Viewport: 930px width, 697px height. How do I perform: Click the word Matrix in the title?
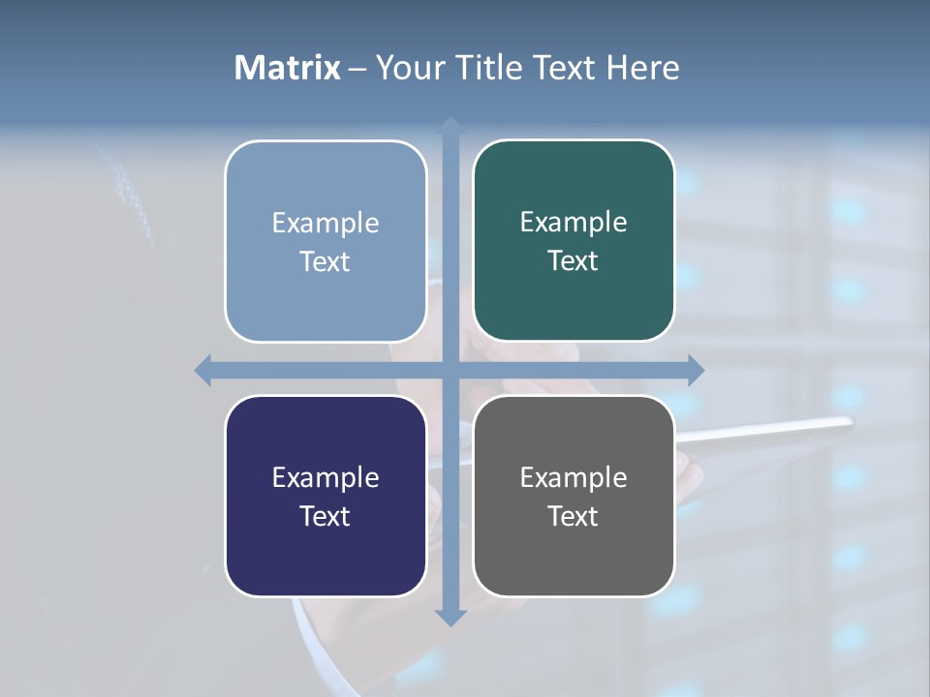[288, 68]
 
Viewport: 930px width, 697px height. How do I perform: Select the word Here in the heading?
[643, 68]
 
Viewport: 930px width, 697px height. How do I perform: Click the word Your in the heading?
[406, 68]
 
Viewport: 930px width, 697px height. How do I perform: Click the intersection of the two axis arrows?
[450, 370]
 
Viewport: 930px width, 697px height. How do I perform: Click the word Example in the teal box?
[573, 223]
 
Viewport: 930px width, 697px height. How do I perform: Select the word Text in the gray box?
[573, 516]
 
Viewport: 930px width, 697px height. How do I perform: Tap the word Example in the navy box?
[325, 477]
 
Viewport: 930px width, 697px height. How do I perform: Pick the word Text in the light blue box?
[325, 261]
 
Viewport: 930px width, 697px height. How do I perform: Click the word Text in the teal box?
[573, 261]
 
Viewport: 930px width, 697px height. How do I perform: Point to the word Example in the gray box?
[573, 477]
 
